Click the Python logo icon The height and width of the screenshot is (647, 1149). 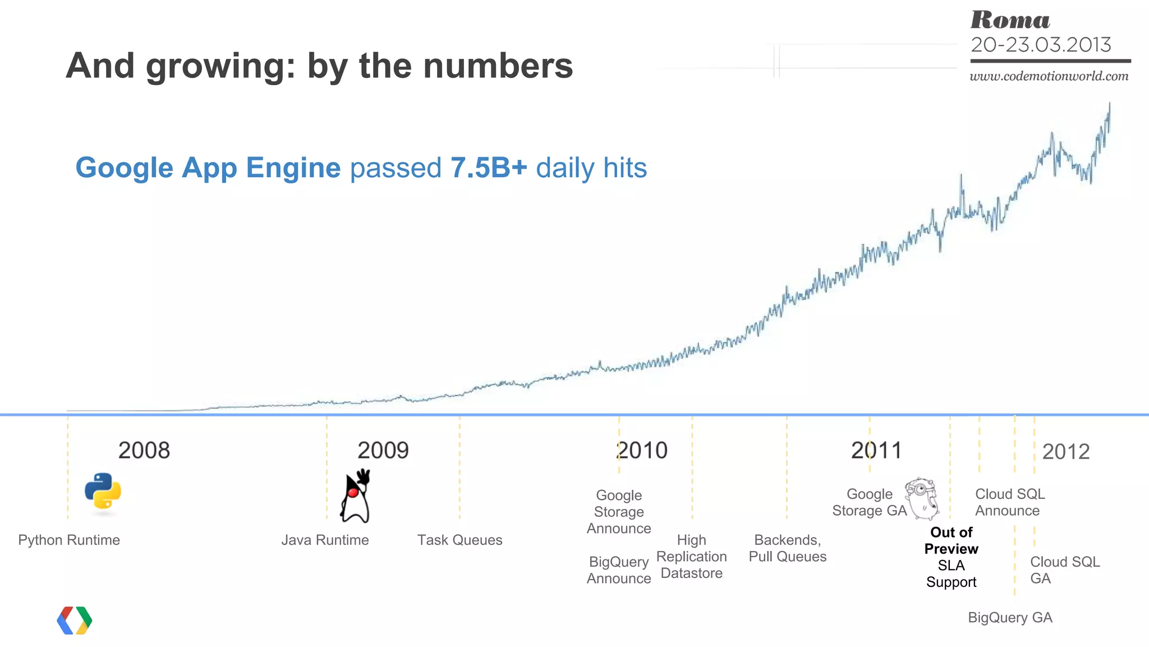pyautogui.click(x=103, y=492)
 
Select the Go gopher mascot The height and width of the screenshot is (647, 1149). pyautogui.click(x=922, y=498)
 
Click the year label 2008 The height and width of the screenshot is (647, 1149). pyautogui.click(x=144, y=451)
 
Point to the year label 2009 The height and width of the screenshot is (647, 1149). pyautogui.click(x=383, y=451)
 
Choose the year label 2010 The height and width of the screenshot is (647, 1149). pyautogui.click(x=642, y=451)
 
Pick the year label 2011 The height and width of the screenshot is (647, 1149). pyautogui.click(x=876, y=451)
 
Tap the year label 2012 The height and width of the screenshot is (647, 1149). pyautogui.click(x=1065, y=452)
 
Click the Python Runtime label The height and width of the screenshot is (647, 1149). pyautogui.click(x=69, y=540)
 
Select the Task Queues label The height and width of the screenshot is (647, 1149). pyautogui.click(x=459, y=540)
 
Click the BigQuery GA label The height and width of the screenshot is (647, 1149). pyautogui.click(x=1010, y=617)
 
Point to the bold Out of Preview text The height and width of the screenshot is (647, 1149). pyautogui.click(x=951, y=540)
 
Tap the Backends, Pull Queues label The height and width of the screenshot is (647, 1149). pyautogui.click(x=787, y=548)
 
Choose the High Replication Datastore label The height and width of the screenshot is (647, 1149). pyautogui.click(x=691, y=557)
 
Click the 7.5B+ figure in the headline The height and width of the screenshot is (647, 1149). pyautogui.click(x=489, y=168)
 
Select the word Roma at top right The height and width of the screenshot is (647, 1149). pyautogui.click(x=1010, y=20)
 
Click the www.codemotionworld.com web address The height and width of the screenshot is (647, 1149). pyautogui.click(x=1049, y=76)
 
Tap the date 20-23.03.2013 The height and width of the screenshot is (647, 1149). pyautogui.click(x=1041, y=45)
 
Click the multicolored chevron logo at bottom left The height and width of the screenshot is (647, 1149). pyautogui.click(x=75, y=620)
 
